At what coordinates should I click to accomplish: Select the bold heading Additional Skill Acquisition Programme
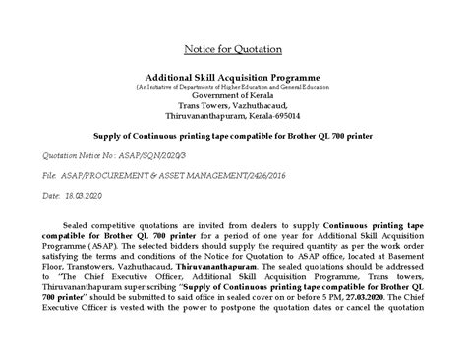point(232,75)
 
